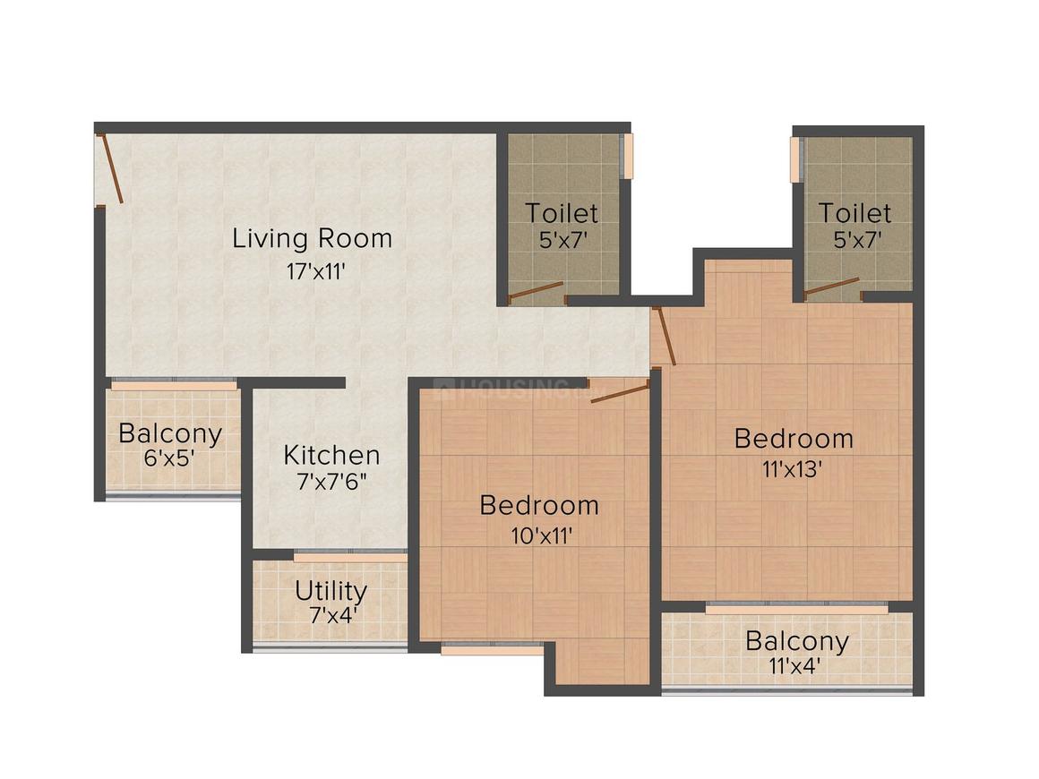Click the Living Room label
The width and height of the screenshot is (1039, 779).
pyautogui.click(x=312, y=238)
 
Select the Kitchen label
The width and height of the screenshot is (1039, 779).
pyautogui.click(x=331, y=455)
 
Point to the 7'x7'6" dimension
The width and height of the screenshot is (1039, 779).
pyautogui.click(x=332, y=482)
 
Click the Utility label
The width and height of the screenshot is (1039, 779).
pyautogui.click(x=331, y=591)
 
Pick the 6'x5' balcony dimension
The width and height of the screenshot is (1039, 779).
pyautogui.click(x=169, y=458)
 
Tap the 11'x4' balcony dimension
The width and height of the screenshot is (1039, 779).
pyautogui.click(x=795, y=665)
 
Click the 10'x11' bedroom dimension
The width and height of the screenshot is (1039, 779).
pyautogui.click(x=541, y=535)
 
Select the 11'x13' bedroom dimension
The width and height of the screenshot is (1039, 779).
pyautogui.click(x=792, y=469)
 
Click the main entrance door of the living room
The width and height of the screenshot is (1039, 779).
pyautogui.click(x=111, y=168)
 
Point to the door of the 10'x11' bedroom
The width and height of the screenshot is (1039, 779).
pyautogui.click(x=619, y=392)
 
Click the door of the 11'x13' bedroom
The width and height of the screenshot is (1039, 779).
pyautogui.click(x=665, y=336)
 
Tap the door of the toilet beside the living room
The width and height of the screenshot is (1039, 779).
pyautogui.click(x=536, y=292)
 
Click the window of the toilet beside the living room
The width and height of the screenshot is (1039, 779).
pyautogui.click(x=627, y=156)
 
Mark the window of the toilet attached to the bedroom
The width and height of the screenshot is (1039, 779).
pyautogui.click(x=795, y=159)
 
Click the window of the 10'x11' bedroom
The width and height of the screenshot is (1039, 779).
pyautogui.click(x=493, y=648)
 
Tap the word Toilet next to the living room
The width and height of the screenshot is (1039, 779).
pyautogui.click(x=562, y=213)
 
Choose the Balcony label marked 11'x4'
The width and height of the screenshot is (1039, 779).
pyautogui.click(x=797, y=641)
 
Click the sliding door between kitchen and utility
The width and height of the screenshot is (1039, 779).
pyautogui.click(x=350, y=556)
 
